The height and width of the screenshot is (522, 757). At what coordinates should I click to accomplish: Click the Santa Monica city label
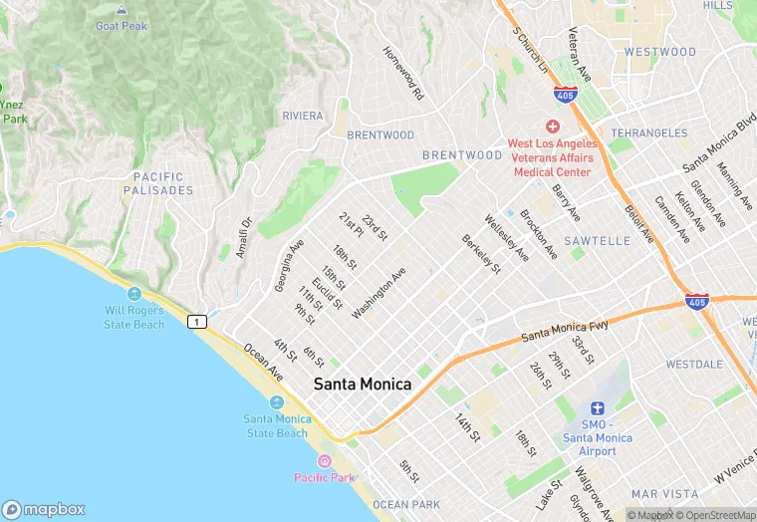tap(363, 384)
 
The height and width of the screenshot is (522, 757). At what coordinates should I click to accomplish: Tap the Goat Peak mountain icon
tap(121, 10)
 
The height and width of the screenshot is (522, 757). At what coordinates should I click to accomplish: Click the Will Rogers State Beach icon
tap(134, 293)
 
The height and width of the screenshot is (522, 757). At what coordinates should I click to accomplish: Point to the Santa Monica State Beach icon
tap(276, 401)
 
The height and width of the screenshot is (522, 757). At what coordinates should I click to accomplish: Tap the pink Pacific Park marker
tap(324, 461)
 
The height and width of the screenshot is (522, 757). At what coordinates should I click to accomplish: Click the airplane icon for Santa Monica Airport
tap(598, 407)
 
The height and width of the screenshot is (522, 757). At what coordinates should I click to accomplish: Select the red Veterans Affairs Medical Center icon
tap(552, 127)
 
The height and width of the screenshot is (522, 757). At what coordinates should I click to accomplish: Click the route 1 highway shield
tap(197, 321)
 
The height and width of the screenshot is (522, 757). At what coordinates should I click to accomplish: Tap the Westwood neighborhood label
tap(659, 52)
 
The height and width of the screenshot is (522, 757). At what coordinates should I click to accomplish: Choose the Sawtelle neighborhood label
tap(597, 241)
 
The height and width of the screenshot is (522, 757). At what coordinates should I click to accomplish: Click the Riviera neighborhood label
tap(303, 116)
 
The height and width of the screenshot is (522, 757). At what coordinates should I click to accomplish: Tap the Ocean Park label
tap(406, 505)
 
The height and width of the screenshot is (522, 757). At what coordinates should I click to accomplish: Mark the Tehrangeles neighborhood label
tap(648, 132)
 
